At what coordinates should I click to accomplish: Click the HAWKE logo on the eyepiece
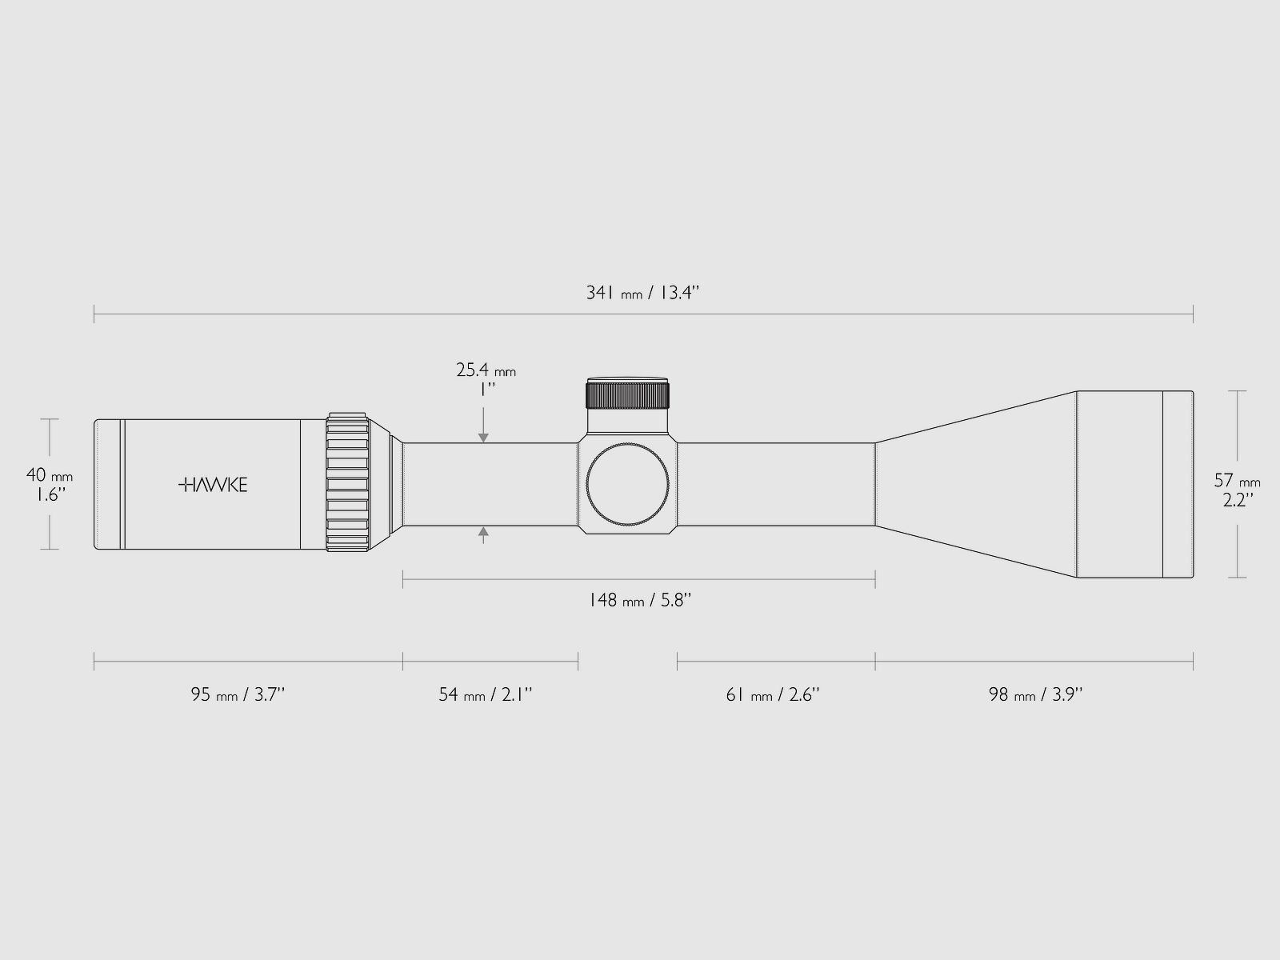coord(212,484)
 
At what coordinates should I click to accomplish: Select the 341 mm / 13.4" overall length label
coord(643,293)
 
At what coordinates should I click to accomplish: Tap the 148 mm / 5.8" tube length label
coord(639,600)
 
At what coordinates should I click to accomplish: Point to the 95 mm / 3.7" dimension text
coord(238,694)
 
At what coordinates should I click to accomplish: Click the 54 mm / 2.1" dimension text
coord(486,694)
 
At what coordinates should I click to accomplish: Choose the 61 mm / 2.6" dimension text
coord(773,694)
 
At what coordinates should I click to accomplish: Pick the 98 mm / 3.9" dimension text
coord(1035,694)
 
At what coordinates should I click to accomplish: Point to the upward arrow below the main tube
coord(483,533)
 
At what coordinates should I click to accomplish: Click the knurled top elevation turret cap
coord(627,394)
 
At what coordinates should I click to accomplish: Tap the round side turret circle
coord(627,483)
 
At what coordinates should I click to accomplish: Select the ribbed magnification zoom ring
coord(347,483)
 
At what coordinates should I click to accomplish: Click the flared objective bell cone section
coord(976,483)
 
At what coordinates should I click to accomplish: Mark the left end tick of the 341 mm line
coord(94,314)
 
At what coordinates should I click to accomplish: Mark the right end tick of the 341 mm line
coord(1193,314)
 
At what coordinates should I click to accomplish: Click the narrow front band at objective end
coord(1178,483)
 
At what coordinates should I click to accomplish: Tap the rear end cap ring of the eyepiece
coord(108,483)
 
